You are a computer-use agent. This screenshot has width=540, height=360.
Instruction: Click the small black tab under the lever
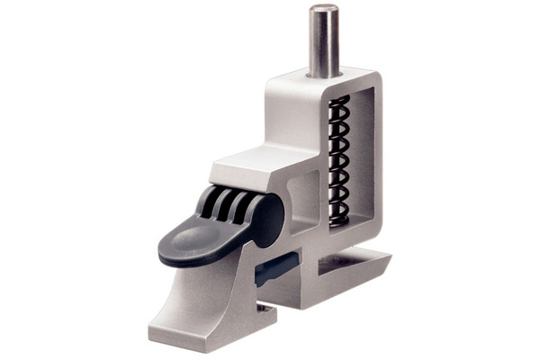coord(277,267)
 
